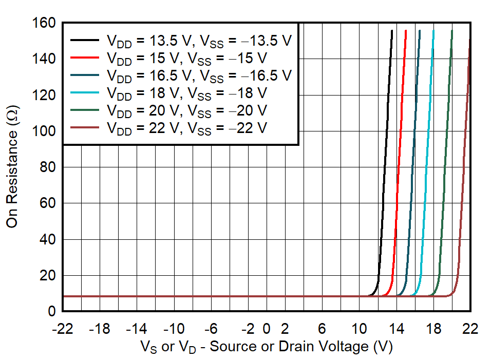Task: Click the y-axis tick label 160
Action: point(45,24)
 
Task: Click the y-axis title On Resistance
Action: point(12,167)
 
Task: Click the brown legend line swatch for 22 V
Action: point(85,128)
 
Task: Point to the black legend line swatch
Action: point(85,40)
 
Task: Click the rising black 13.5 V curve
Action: point(385,154)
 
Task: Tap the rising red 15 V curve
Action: point(400,154)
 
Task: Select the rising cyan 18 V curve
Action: point(427,154)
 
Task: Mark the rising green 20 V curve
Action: point(445,154)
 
